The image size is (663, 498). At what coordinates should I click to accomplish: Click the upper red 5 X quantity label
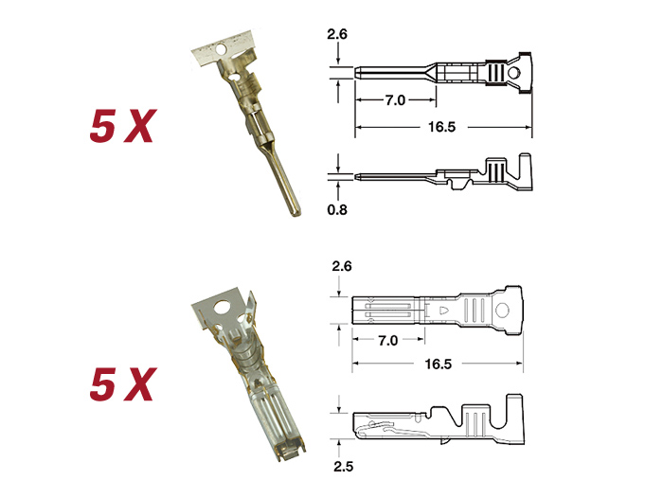pos(123,126)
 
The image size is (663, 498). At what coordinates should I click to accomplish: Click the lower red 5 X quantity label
pos(123,383)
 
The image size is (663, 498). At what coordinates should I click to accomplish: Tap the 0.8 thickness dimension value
pos(337,209)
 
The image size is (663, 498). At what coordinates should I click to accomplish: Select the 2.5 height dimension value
pos(343,467)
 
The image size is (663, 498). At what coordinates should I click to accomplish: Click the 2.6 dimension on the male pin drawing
pos(337,34)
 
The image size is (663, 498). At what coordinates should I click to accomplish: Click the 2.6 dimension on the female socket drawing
pos(342,266)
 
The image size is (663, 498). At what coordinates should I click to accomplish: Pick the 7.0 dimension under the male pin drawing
pos(395,100)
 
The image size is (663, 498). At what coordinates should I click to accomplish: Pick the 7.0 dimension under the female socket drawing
pos(388,340)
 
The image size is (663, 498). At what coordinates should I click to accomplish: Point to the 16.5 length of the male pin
pos(442,127)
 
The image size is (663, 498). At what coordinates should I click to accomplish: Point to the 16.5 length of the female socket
pos(438,364)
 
